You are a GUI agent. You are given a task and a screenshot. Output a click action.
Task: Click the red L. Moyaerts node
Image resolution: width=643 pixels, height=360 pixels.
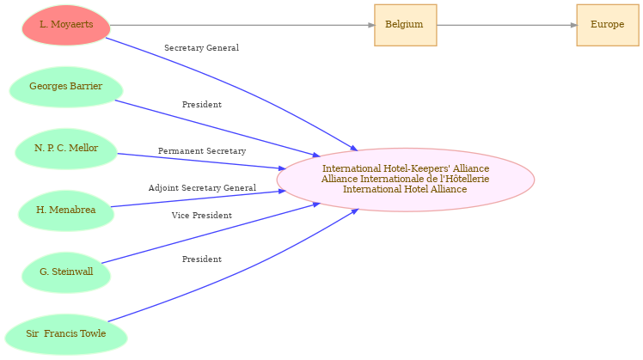[66, 25]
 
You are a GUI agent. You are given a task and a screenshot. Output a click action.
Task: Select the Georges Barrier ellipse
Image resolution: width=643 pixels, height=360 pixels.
[66, 87]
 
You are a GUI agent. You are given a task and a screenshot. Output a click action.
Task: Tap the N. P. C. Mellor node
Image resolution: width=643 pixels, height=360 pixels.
[66, 149]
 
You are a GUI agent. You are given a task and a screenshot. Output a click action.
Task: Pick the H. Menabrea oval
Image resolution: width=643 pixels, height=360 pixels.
[66, 211]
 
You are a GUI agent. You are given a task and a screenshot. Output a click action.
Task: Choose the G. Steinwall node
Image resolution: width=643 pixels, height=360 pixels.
[66, 272]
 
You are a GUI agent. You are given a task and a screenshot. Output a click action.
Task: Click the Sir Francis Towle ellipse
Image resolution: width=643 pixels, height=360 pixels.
[66, 334]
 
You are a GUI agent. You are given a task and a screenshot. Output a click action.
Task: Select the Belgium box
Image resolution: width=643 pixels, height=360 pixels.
[406, 25]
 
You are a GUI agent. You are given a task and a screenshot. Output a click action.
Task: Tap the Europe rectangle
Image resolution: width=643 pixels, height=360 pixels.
[608, 25]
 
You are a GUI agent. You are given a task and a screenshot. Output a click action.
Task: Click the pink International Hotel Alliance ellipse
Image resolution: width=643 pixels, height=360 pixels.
[406, 180]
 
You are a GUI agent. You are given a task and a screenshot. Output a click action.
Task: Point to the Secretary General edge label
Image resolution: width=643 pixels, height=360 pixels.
[202, 48]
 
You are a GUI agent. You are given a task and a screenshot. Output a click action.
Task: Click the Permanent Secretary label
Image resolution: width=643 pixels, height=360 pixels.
[202, 151]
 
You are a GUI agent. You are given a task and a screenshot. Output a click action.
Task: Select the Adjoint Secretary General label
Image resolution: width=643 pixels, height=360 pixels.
[202, 188]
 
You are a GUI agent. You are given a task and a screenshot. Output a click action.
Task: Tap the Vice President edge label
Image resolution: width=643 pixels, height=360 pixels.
[202, 216]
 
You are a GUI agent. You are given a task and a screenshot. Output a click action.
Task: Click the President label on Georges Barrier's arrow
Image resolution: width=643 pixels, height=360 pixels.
[202, 105]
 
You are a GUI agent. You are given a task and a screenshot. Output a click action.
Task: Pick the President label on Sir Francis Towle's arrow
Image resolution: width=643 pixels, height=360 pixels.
[202, 259]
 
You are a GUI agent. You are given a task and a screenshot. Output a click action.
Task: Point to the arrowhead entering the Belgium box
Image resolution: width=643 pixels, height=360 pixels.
[371, 25]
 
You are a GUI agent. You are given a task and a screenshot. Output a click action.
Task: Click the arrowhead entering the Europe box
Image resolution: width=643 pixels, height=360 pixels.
[573, 25]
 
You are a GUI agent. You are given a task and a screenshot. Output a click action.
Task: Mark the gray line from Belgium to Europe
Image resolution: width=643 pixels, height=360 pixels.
[507, 25]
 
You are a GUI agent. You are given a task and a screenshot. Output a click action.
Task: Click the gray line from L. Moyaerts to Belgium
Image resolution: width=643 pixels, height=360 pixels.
[242, 25]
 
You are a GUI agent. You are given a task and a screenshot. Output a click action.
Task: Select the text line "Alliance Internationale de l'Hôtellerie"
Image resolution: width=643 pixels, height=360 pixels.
[406, 180]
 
